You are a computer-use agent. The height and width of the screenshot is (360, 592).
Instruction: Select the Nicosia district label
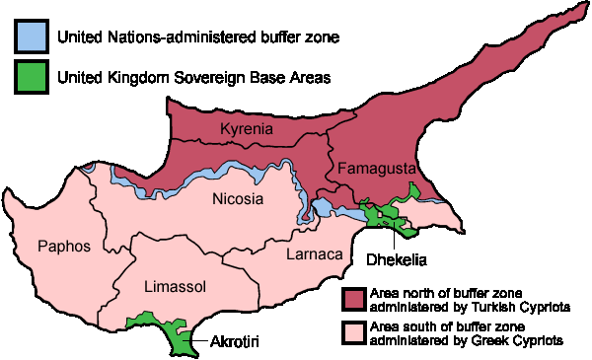click(x=238, y=200)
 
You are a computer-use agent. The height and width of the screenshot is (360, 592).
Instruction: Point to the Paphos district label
click(x=63, y=246)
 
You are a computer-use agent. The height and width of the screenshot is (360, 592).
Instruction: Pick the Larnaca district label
click(x=313, y=255)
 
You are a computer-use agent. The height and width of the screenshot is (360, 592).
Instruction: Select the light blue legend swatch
click(x=33, y=36)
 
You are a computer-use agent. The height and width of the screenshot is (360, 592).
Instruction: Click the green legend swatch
click(x=33, y=76)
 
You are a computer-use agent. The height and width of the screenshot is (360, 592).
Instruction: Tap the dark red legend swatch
click(x=354, y=299)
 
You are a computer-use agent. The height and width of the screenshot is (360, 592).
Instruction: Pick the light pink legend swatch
click(x=354, y=332)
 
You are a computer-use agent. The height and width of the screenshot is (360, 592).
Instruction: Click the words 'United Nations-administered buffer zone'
click(x=198, y=37)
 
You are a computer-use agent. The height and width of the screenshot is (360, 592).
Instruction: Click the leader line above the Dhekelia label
click(x=396, y=237)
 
